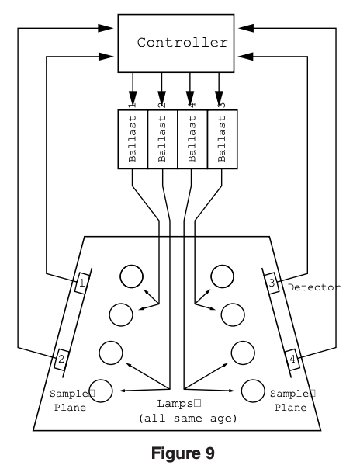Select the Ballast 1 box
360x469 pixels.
click(132, 139)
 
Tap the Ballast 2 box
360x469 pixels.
click(162, 139)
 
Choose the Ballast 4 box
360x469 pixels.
click(192, 139)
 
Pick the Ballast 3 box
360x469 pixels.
click(223, 139)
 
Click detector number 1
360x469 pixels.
click(81, 285)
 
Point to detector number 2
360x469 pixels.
click(60, 359)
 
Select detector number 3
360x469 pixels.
click(272, 284)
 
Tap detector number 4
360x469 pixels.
click(292, 359)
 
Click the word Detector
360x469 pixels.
click(313, 288)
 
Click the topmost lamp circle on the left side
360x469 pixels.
click(130, 275)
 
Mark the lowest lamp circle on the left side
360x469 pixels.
click(102, 391)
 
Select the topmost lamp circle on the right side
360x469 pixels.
click(223, 275)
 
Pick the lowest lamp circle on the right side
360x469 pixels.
click(252, 391)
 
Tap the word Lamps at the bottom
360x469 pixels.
click(178, 404)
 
